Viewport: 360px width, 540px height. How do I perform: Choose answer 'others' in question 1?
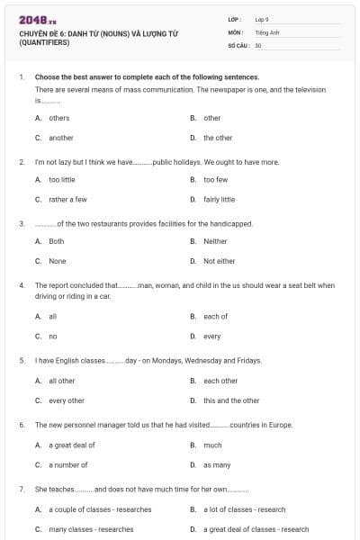[58, 118]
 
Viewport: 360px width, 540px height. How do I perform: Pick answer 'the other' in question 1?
[217, 138]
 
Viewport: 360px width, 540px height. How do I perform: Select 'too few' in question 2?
[215, 179]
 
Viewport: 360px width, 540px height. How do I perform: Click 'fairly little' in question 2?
[219, 199]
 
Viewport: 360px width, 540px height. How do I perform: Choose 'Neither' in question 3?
[215, 241]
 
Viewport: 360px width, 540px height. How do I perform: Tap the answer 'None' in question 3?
[57, 261]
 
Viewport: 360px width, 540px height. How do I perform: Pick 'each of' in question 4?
[215, 316]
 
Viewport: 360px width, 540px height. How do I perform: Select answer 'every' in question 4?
[211, 336]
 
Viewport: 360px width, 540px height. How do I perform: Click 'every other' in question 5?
[67, 400]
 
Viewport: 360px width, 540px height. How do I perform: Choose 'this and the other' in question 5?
[230, 400]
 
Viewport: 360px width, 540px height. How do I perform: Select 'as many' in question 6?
[216, 464]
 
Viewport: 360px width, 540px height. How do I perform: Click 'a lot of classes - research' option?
[245, 509]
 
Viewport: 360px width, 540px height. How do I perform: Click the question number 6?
[21, 424]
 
